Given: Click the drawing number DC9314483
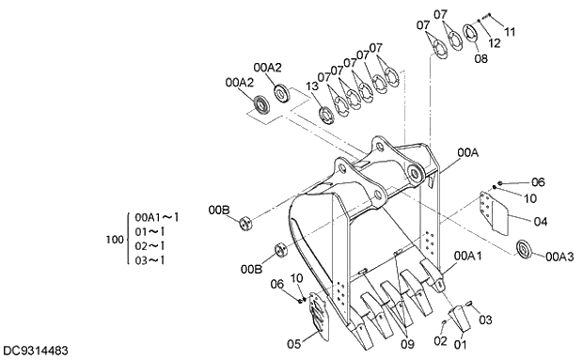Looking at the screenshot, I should [35, 351].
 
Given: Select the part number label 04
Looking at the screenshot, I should [540, 223].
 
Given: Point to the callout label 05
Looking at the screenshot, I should [293, 343].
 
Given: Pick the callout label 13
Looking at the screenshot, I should [312, 87].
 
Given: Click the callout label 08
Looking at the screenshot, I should [481, 58].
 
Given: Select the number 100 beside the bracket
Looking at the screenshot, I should [115, 240].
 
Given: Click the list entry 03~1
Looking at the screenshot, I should [150, 260].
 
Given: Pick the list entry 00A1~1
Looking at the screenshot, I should [156, 216].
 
